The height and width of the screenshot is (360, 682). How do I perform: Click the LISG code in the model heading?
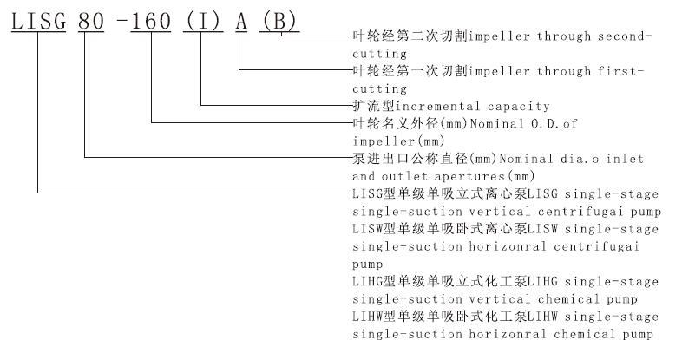[x=39, y=22]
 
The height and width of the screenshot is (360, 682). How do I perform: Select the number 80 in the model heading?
[x=91, y=22]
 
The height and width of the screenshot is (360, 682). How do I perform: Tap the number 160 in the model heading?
[x=151, y=22]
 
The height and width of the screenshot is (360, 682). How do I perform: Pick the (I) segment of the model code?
[x=203, y=22]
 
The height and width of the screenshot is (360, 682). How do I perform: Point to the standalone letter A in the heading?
[x=242, y=22]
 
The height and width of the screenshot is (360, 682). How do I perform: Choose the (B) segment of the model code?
[x=279, y=22]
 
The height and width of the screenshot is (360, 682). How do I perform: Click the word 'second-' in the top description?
[x=625, y=36]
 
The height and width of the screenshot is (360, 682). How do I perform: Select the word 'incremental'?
[x=438, y=106]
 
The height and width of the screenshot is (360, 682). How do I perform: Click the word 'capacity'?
[x=519, y=107]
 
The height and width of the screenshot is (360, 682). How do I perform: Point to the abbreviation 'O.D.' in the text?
[x=542, y=124]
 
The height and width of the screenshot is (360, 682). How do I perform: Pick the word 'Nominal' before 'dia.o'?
[x=526, y=159]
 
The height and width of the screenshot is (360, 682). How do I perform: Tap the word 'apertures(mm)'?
[x=484, y=176]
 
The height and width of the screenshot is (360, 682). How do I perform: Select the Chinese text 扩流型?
[x=374, y=106]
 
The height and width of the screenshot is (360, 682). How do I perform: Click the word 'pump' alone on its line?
[x=368, y=265]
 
